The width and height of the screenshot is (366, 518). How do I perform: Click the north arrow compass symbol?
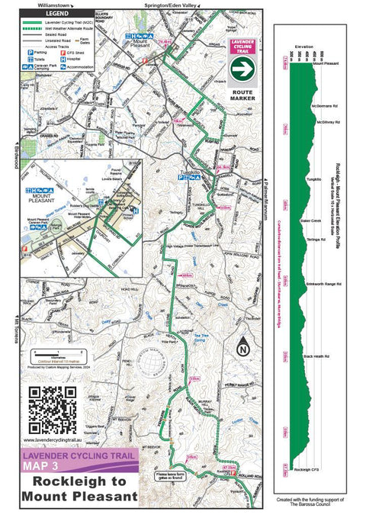click(x=243, y=346)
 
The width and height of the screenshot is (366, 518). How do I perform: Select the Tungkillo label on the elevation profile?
click(x=313, y=179)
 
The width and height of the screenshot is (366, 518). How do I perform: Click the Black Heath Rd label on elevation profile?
click(x=316, y=356)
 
